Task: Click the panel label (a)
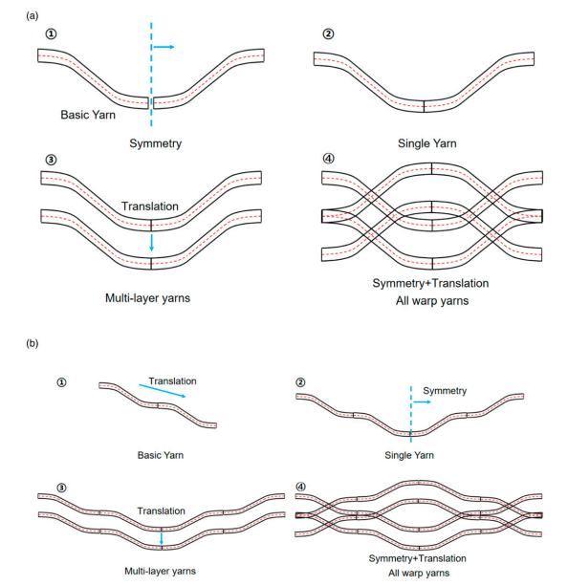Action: pyautogui.click(x=33, y=15)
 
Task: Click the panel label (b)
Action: pyautogui.click(x=33, y=343)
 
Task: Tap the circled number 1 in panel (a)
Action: pyautogui.click(x=51, y=34)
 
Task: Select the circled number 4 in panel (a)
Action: pyautogui.click(x=328, y=159)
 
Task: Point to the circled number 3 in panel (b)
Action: pyautogui.click(x=61, y=488)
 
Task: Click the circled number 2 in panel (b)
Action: pyautogui.click(x=300, y=382)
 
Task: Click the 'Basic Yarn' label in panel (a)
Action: pyautogui.click(x=88, y=115)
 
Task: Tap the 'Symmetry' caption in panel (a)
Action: pyautogui.click(x=156, y=143)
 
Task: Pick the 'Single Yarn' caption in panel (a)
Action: pyautogui.click(x=427, y=143)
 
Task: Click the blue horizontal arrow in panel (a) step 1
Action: pyautogui.click(x=164, y=47)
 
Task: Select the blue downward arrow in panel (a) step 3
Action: pyautogui.click(x=151, y=243)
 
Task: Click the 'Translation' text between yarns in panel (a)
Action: pyautogui.click(x=150, y=206)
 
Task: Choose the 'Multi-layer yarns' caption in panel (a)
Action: pyautogui.click(x=147, y=298)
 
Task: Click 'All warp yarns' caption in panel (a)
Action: pyautogui.click(x=432, y=301)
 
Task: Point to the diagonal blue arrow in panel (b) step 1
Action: pyautogui.click(x=163, y=391)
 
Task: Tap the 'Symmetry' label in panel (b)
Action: pyautogui.click(x=445, y=391)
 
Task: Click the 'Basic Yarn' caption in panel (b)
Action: pyautogui.click(x=161, y=455)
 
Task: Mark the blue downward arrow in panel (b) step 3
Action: pyautogui.click(x=162, y=538)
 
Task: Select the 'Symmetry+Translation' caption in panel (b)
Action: pyautogui.click(x=417, y=558)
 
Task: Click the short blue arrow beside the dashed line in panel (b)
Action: pyautogui.click(x=422, y=402)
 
